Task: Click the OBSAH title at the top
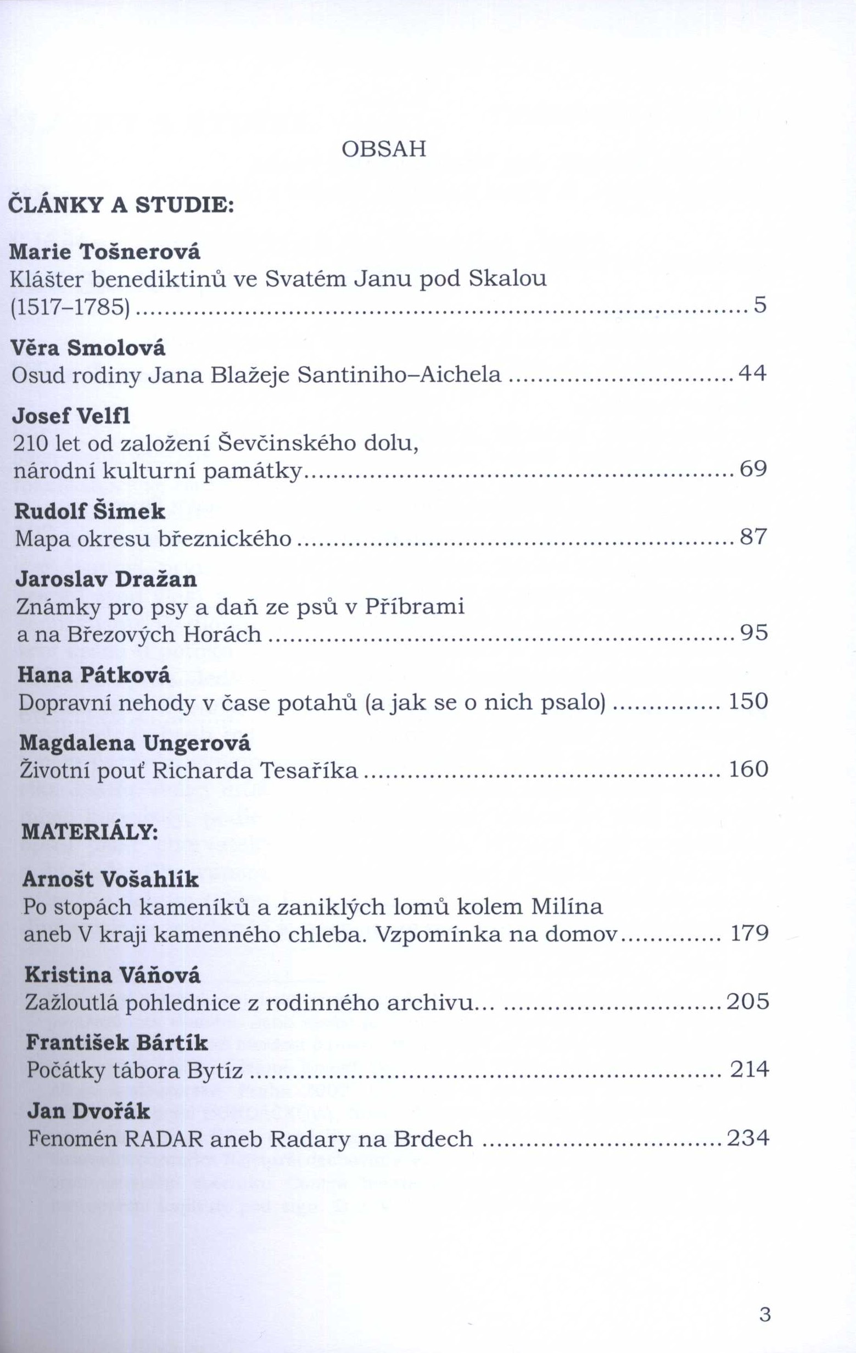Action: pyautogui.click(x=384, y=149)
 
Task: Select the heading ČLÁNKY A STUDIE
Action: pyautogui.click(x=121, y=205)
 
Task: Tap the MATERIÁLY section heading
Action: pyautogui.click(x=90, y=832)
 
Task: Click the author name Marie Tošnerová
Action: pyautogui.click(x=105, y=252)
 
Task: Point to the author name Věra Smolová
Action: pyautogui.click(x=89, y=348)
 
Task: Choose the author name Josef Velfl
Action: pyautogui.click(x=71, y=416)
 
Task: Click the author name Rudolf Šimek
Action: pyautogui.click(x=90, y=511)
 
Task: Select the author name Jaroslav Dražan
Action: pyautogui.click(x=107, y=580)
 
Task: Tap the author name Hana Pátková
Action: pyautogui.click(x=94, y=675)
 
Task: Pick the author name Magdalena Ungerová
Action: pyautogui.click(x=135, y=743)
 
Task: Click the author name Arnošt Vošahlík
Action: pyautogui.click(x=111, y=879)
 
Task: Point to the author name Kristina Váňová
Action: pyautogui.click(x=113, y=975)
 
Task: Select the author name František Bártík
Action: pyautogui.click(x=117, y=1043)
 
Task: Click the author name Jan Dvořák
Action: pyautogui.click(x=89, y=1111)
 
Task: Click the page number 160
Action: pyautogui.click(x=748, y=769)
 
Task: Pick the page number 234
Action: pyautogui.click(x=748, y=1138)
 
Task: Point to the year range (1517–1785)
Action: pyautogui.click(x=70, y=306)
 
